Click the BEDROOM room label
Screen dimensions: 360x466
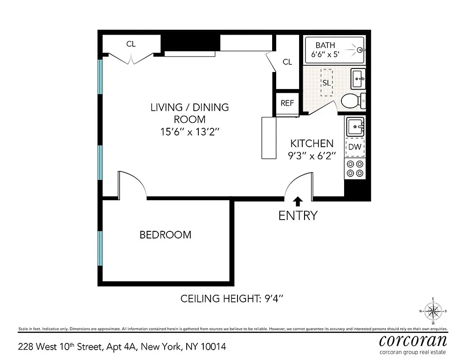pyautogui.click(x=165, y=235)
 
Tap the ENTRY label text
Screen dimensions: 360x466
pyautogui.click(x=298, y=216)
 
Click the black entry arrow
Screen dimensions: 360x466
pyautogui.click(x=298, y=201)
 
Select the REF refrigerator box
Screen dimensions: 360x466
pyautogui.click(x=287, y=103)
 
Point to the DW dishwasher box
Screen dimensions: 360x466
pyautogui.click(x=355, y=147)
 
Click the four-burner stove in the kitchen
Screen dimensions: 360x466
pyautogui.click(x=355, y=169)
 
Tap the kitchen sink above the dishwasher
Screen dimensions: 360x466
pyautogui.click(x=355, y=126)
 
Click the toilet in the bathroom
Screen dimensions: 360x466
pyautogui.click(x=352, y=101)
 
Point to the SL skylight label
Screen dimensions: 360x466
pyautogui.click(x=326, y=83)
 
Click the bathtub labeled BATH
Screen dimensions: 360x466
pyautogui.click(x=335, y=49)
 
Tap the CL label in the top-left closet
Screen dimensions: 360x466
pyautogui.click(x=131, y=44)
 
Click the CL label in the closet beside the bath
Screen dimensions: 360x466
pyautogui.click(x=287, y=62)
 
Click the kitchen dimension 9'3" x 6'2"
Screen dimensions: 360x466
pyautogui.click(x=312, y=156)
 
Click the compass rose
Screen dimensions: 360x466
pyautogui.click(x=433, y=311)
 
